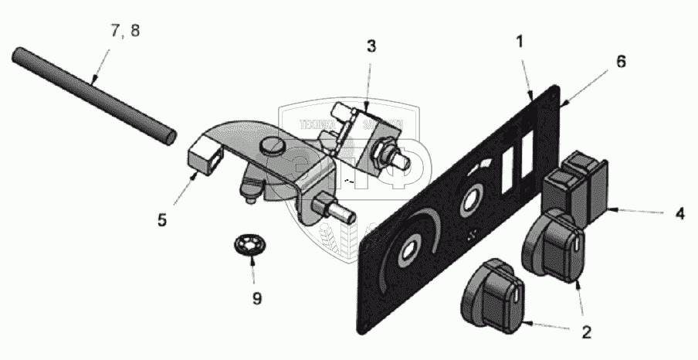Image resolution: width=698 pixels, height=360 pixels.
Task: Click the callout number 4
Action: pyautogui.click(x=679, y=212)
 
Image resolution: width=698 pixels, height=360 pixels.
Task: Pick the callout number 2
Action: pyautogui.click(x=586, y=333)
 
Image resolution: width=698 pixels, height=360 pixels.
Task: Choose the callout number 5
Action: pyautogui.click(x=162, y=220)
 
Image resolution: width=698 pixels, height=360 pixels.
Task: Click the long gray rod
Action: pyautogui.click(x=93, y=96)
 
